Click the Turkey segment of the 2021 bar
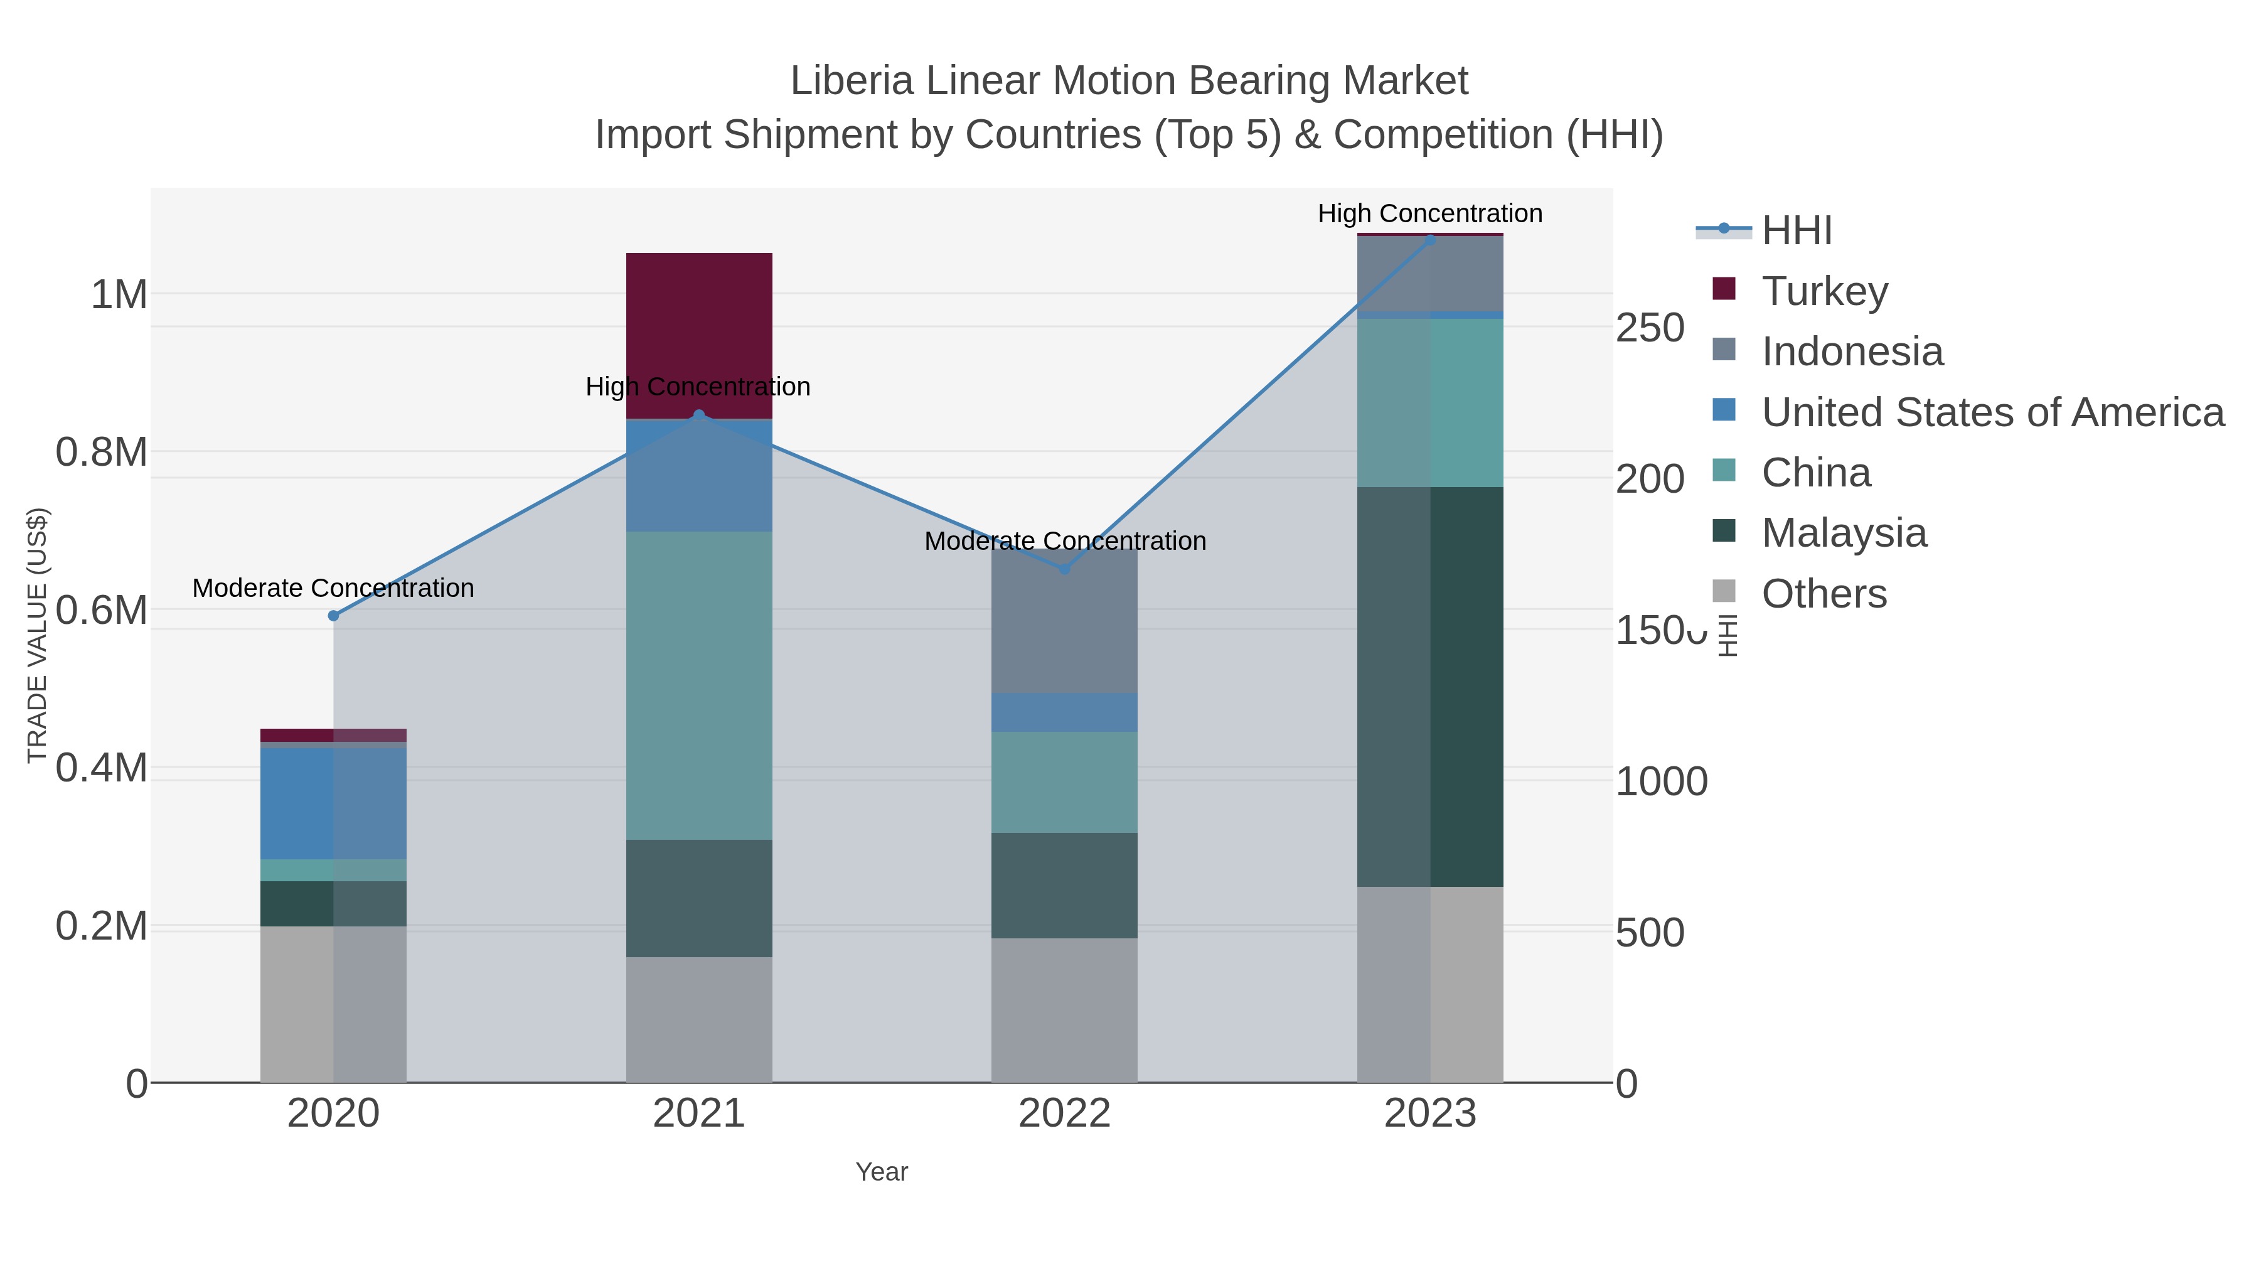pyautogui.click(x=699, y=335)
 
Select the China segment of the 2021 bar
pyautogui.click(x=699, y=684)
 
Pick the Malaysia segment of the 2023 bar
pyautogui.click(x=1429, y=686)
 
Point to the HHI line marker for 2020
pyautogui.click(x=333, y=616)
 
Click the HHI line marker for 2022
pyautogui.click(x=1065, y=569)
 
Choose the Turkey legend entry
pyautogui.click(x=1824, y=291)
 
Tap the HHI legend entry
pyautogui.click(x=1796, y=230)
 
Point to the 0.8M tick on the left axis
pyautogui.click(x=102, y=453)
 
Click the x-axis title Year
pyautogui.click(x=882, y=1172)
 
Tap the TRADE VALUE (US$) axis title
pyautogui.click(x=37, y=635)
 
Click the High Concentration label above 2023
pyautogui.click(x=1429, y=213)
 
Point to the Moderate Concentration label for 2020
pyautogui.click(x=333, y=587)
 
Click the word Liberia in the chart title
pyautogui.click(x=852, y=81)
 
